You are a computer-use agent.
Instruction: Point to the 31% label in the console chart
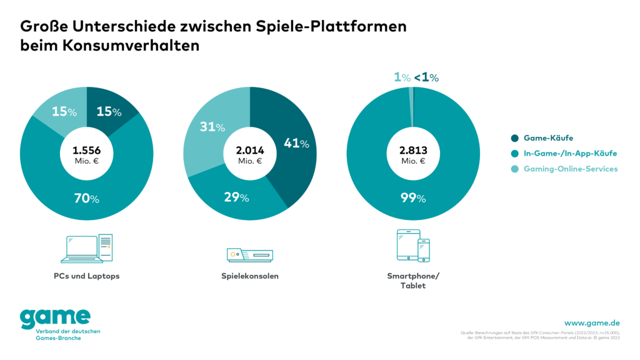tap(212, 127)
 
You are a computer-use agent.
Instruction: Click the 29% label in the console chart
tap(236, 197)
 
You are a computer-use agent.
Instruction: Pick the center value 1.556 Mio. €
tap(86, 154)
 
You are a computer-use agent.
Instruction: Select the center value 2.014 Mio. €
tap(249, 154)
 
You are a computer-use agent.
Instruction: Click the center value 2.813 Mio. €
tap(413, 154)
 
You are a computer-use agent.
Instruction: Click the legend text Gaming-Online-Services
tap(571, 169)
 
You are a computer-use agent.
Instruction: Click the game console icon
tap(249, 254)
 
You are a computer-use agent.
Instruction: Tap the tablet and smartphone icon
tap(413, 246)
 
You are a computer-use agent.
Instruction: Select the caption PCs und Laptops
tap(86, 276)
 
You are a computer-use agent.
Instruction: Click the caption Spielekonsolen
tap(249, 276)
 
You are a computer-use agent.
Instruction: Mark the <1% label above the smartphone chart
tap(426, 77)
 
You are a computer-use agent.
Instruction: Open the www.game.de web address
tap(592, 322)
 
